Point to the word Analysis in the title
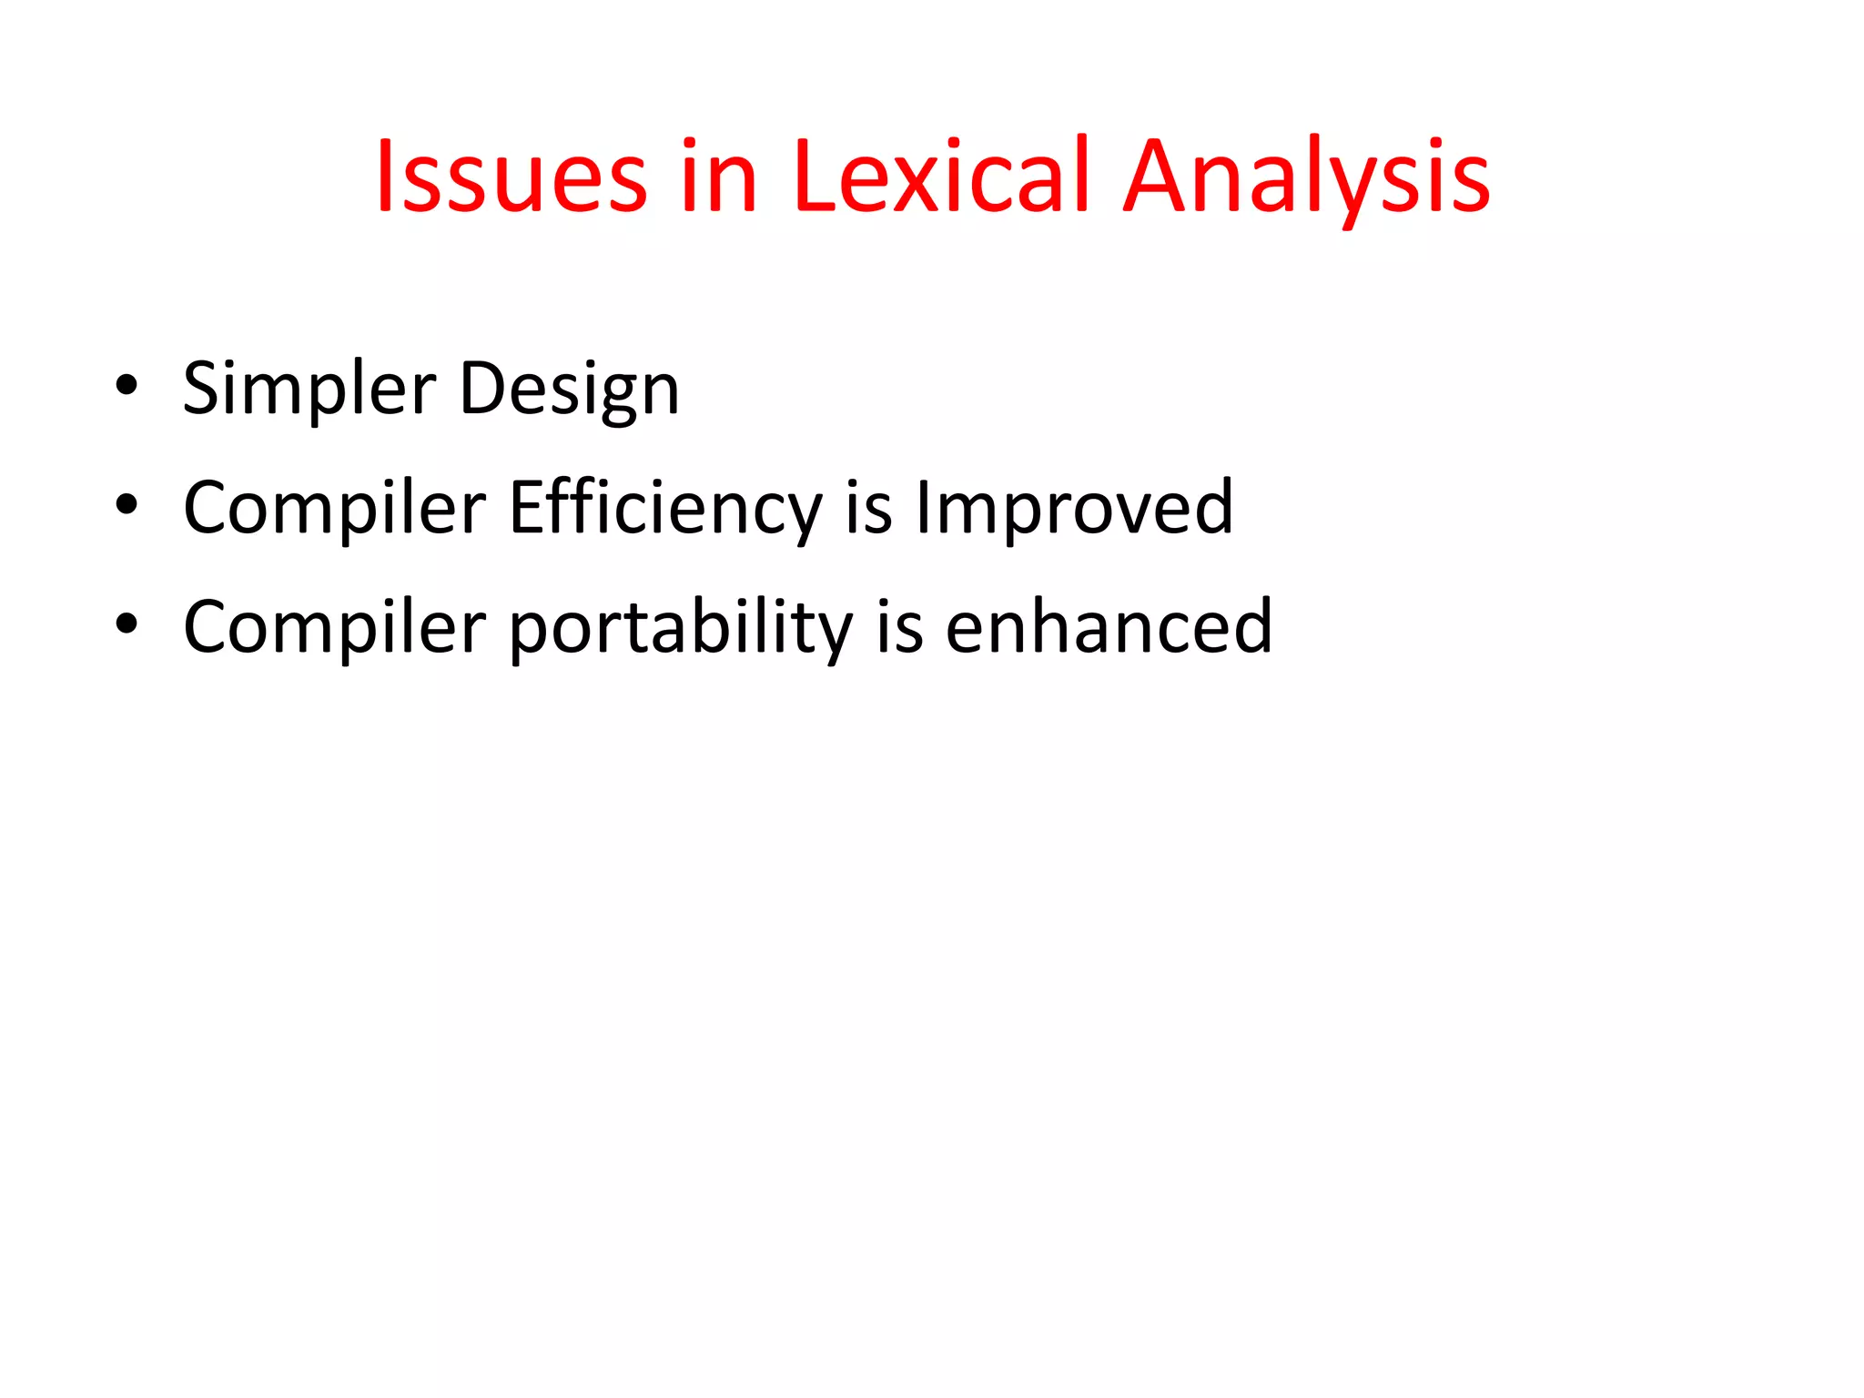click(x=1306, y=177)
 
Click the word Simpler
click(x=309, y=390)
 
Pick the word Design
click(x=569, y=390)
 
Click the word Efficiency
click(x=665, y=508)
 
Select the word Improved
click(x=1074, y=508)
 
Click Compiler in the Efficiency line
click(x=334, y=508)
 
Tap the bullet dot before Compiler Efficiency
click(x=127, y=504)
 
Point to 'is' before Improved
click(x=868, y=508)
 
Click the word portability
click(x=680, y=628)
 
